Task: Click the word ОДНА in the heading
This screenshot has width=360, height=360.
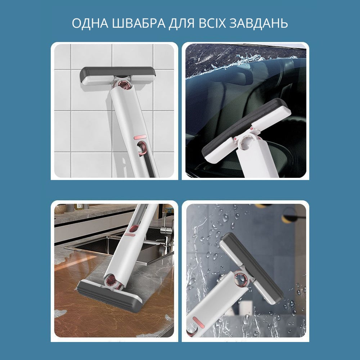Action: coord(90,23)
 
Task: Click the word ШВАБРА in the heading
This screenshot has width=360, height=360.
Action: coord(139,23)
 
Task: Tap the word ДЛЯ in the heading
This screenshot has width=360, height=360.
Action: coord(182,23)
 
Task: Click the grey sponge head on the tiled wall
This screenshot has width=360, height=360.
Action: coord(118,76)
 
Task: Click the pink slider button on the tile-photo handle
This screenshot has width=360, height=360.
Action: coord(140,137)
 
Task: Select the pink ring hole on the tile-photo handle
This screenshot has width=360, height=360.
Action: coord(142,148)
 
